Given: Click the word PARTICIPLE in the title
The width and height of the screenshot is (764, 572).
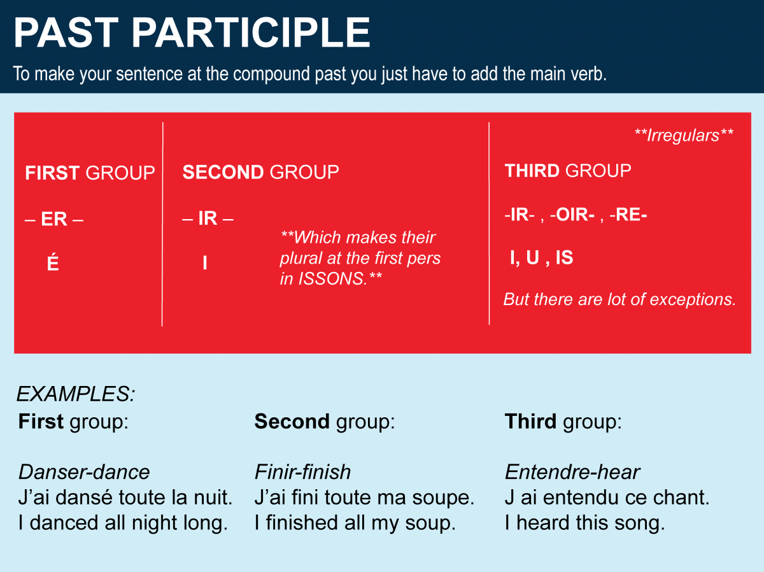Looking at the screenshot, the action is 251,32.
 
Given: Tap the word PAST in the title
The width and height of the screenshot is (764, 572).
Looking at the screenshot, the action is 66,32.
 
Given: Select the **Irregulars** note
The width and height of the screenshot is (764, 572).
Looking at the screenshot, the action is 684,135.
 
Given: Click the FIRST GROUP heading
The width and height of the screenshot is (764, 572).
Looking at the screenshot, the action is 90,173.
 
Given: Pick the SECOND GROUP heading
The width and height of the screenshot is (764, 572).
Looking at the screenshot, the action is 260,172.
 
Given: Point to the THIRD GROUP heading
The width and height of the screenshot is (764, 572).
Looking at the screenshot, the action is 568,171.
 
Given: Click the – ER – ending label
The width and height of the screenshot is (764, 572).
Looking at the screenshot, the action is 54,219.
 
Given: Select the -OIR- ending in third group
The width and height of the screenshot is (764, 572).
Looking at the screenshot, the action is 572,215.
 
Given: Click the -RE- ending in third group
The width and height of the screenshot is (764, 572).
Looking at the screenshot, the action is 628,215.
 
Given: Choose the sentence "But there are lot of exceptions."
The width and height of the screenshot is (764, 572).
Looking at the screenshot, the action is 619,299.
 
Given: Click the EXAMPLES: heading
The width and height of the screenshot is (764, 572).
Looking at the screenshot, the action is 76,394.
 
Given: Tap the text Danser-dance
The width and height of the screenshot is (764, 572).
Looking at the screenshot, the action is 84,472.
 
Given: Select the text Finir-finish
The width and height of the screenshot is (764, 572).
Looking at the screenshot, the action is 302,472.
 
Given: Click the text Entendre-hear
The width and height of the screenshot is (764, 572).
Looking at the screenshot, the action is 572,472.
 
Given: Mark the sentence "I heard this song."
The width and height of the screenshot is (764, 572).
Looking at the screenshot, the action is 584,523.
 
